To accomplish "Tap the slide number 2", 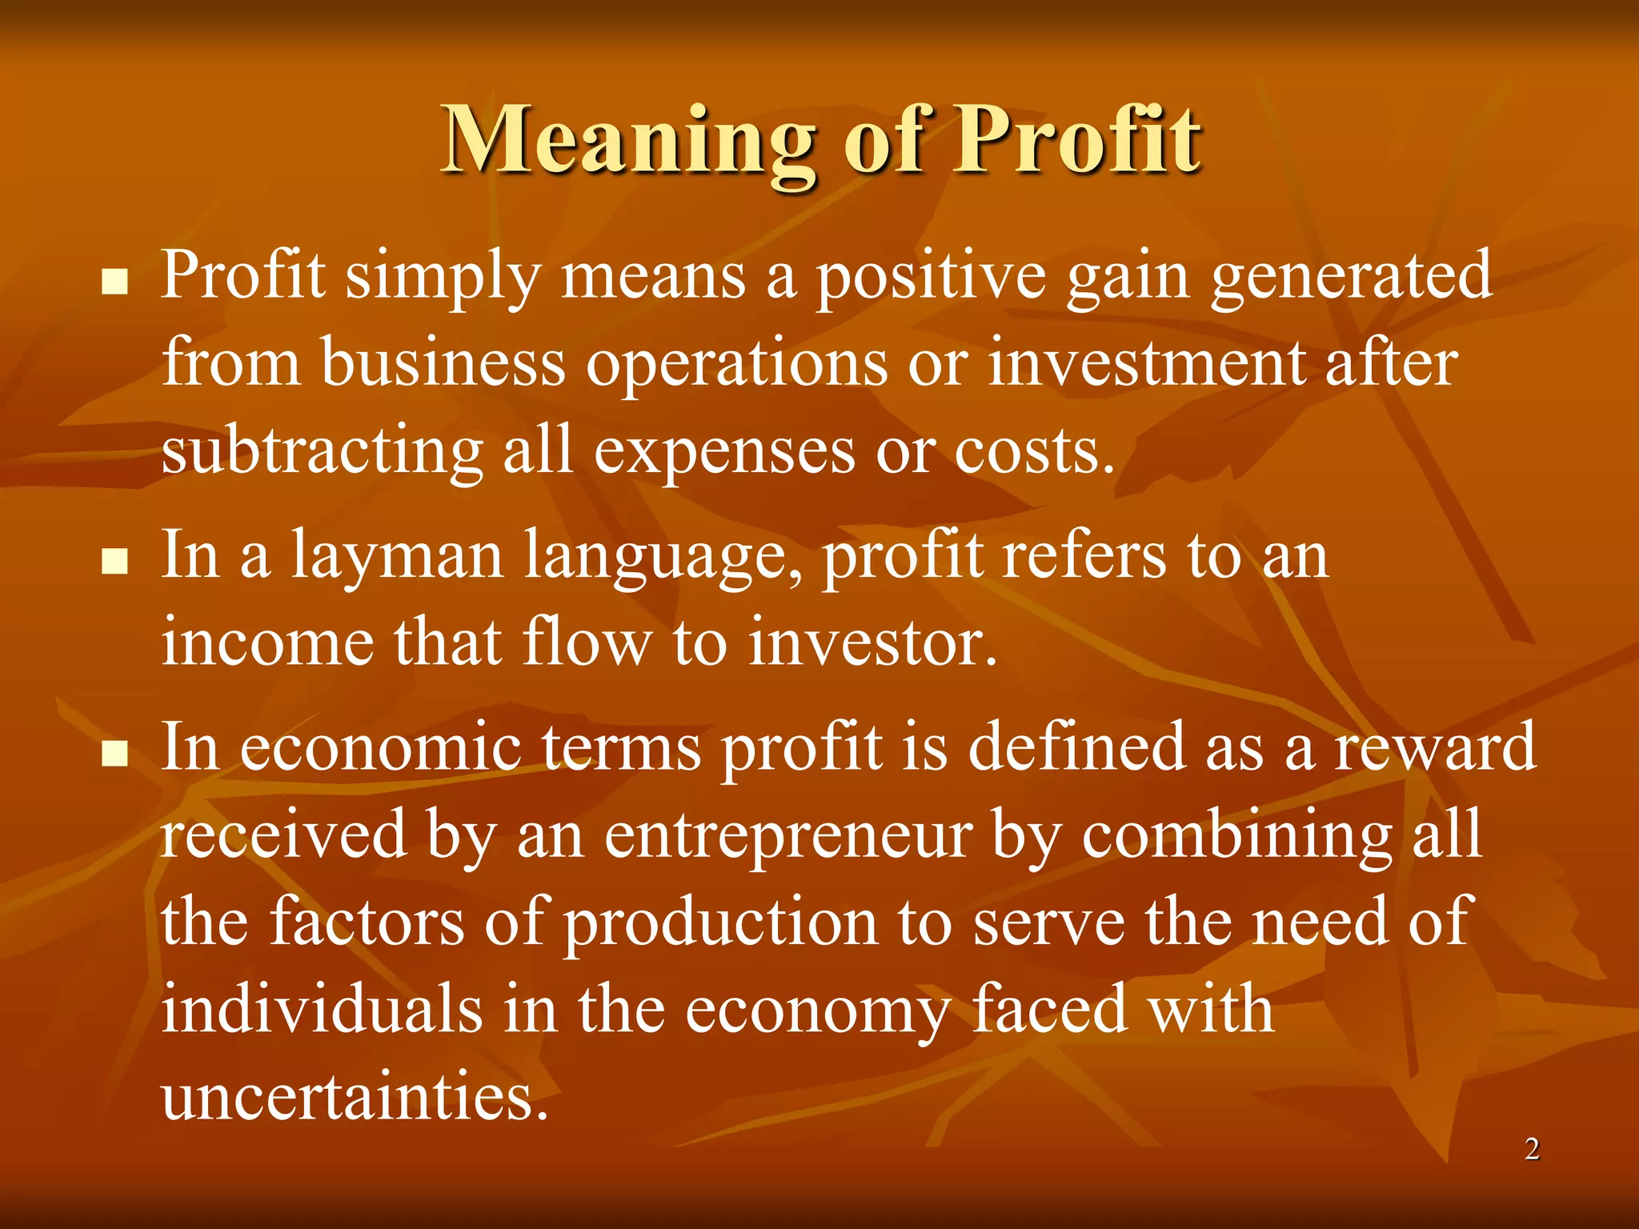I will click(1532, 1150).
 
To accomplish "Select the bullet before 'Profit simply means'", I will click(116, 282).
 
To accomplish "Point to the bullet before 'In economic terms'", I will click(116, 753).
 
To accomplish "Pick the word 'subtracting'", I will click(322, 452).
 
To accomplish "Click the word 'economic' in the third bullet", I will click(380, 747).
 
